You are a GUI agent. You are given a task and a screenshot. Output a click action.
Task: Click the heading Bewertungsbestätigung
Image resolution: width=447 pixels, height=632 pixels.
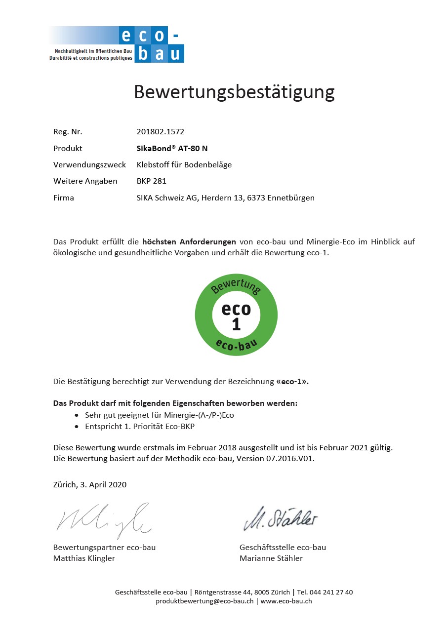pyautogui.click(x=234, y=92)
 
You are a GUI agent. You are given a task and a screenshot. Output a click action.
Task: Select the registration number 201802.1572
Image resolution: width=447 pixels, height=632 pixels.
pyautogui.click(x=160, y=132)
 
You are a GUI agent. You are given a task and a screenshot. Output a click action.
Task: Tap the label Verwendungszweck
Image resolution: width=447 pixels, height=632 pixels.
pyautogui.click(x=89, y=165)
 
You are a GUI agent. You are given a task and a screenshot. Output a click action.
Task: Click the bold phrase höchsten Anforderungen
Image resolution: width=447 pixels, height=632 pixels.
pyautogui.click(x=189, y=242)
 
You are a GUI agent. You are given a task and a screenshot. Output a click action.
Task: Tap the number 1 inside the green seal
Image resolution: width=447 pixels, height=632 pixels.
pyautogui.click(x=236, y=324)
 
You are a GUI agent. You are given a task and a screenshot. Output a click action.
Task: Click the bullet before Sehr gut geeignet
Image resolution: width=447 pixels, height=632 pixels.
pyautogui.click(x=76, y=416)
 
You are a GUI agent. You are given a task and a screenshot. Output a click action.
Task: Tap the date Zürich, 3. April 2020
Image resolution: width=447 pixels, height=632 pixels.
pyautogui.click(x=89, y=485)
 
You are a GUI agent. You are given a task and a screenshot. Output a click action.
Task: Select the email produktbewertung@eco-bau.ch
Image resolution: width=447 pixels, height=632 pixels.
pyautogui.click(x=204, y=601)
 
